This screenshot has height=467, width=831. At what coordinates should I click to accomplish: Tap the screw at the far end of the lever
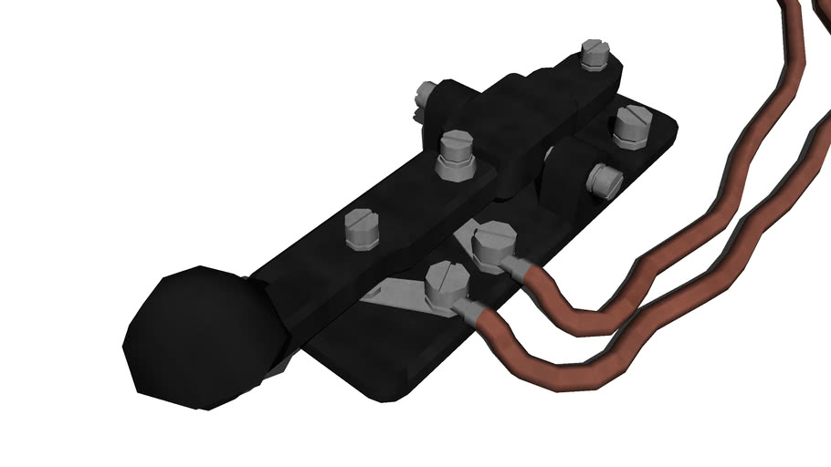(x=593, y=56)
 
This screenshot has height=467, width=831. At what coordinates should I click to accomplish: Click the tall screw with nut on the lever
(x=454, y=149)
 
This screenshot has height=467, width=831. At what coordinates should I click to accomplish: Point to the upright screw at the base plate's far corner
(x=631, y=125)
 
